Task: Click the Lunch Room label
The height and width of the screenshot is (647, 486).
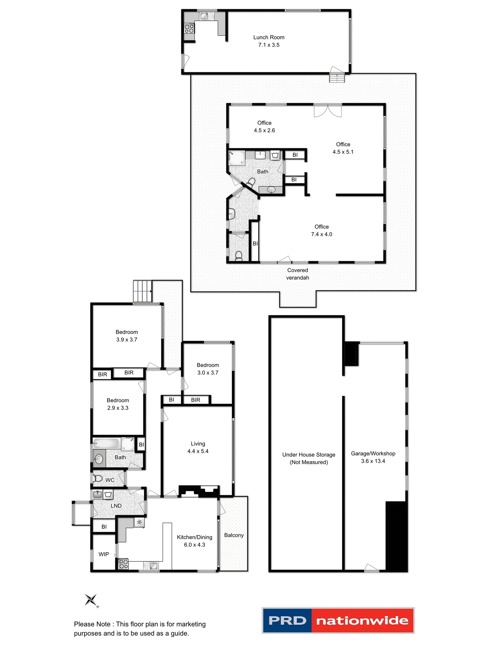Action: point(269,37)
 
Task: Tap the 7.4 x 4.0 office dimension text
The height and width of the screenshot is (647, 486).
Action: point(321,234)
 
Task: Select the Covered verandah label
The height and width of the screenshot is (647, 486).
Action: point(297,274)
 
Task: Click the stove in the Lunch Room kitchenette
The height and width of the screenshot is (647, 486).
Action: point(189,28)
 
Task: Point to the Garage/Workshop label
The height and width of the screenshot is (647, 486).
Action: point(373,454)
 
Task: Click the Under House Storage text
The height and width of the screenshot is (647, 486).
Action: point(308,455)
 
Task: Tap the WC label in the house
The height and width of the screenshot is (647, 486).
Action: point(110,480)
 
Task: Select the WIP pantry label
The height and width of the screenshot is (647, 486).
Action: point(104,554)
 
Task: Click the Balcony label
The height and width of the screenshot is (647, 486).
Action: point(234,535)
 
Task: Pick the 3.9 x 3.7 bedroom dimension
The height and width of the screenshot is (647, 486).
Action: point(127,340)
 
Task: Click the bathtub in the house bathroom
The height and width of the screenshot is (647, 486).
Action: point(106,443)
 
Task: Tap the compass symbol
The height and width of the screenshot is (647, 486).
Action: point(91,600)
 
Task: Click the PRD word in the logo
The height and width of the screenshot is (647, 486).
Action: point(287,620)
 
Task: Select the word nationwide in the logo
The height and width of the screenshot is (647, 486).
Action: point(362,620)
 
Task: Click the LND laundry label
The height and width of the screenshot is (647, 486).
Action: point(116,506)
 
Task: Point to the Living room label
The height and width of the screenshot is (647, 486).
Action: point(198,444)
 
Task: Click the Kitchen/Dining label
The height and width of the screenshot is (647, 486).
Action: point(194,537)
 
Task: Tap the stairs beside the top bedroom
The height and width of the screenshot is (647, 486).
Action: point(142,291)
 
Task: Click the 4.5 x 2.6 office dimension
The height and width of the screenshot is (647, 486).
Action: point(264,130)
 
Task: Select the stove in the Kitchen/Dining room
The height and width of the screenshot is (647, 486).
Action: point(124,564)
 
